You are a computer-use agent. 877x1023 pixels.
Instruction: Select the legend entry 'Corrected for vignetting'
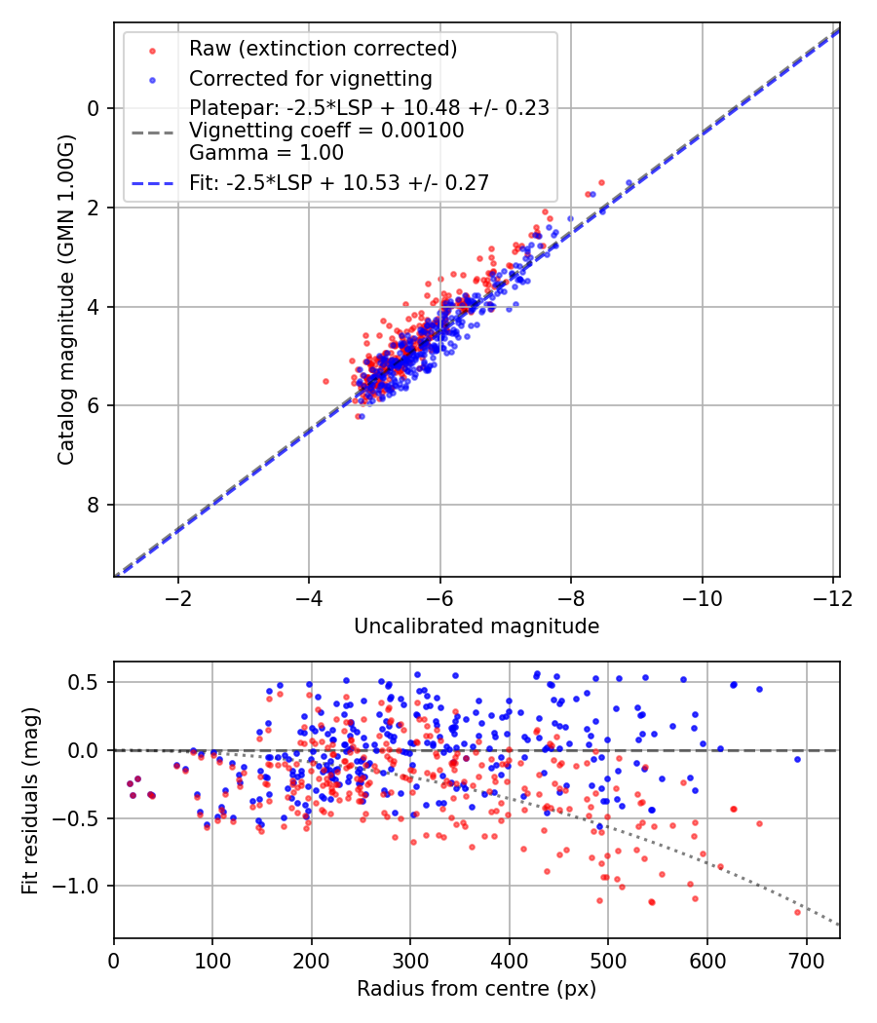(x=310, y=78)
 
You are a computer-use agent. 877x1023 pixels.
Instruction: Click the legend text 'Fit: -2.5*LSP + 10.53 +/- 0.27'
(x=338, y=182)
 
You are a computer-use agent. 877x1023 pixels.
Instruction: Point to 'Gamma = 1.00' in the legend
(x=266, y=152)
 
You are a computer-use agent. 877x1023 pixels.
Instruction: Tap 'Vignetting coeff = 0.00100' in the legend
(x=326, y=130)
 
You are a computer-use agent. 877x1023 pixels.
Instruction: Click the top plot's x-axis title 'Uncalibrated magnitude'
(x=477, y=625)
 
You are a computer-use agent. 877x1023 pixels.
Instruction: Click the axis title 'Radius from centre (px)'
(x=477, y=989)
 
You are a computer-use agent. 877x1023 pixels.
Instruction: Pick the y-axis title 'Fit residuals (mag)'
(x=30, y=799)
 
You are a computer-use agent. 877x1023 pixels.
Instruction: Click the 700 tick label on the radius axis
(x=806, y=959)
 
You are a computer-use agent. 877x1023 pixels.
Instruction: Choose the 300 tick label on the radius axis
(x=410, y=959)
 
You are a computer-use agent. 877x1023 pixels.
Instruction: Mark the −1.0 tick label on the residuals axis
(x=83, y=887)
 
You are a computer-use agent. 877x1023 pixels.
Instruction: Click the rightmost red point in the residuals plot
(x=797, y=912)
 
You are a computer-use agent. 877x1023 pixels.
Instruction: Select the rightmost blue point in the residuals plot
(x=797, y=759)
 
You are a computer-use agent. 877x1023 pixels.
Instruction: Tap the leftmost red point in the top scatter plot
(x=325, y=381)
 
